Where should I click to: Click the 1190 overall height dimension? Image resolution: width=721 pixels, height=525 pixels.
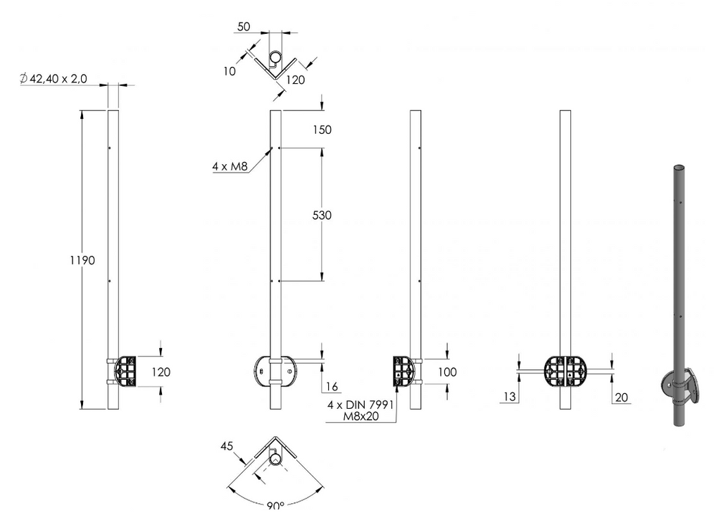pyautogui.click(x=82, y=261)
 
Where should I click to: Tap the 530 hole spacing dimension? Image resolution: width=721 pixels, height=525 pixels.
pyautogui.click(x=322, y=216)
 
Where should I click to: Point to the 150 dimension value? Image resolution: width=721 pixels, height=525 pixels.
pyautogui.click(x=322, y=130)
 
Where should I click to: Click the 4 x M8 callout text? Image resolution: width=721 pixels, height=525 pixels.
pyautogui.click(x=230, y=166)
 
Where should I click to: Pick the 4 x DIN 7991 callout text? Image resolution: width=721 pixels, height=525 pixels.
pyautogui.click(x=360, y=405)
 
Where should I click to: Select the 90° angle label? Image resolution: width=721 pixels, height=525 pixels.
pyautogui.click(x=275, y=506)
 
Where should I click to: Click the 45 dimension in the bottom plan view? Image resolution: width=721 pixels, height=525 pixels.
pyautogui.click(x=227, y=446)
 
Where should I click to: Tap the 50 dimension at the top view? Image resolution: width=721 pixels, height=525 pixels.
pyautogui.click(x=244, y=27)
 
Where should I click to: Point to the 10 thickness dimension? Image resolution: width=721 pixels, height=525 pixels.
pyautogui.click(x=230, y=71)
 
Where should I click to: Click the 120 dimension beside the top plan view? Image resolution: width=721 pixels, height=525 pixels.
pyautogui.click(x=295, y=80)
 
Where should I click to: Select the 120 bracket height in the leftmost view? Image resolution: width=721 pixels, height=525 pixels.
pyautogui.click(x=161, y=372)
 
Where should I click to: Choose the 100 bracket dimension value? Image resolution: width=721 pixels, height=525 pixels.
pyautogui.click(x=447, y=372)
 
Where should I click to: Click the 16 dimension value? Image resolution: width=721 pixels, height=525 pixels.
pyautogui.click(x=332, y=387)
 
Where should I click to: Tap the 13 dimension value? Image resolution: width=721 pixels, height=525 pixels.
pyautogui.click(x=510, y=397)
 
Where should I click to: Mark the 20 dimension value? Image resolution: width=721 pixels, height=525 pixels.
pyautogui.click(x=621, y=397)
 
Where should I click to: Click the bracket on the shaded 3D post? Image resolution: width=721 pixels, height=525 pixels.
pyautogui.click(x=680, y=385)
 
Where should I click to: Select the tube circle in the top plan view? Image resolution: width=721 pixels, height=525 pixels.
pyautogui.click(x=275, y=58)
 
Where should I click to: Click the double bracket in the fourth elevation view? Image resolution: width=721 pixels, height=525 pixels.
pyautogui.click(x=565, y=372)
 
